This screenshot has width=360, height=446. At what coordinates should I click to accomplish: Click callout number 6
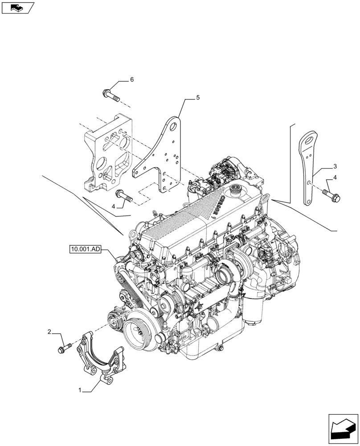[132, 80]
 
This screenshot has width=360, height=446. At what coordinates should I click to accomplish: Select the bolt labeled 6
[110, 95]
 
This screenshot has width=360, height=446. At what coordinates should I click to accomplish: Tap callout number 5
[198, 97]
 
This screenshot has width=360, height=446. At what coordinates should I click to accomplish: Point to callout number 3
[335, 166]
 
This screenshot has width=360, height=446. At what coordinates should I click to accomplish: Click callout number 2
[50, 332]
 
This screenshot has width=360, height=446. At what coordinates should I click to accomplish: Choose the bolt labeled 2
[65, 347]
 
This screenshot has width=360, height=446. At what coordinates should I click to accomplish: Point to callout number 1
[80, 390]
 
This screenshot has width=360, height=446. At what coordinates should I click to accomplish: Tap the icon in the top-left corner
[18, 8]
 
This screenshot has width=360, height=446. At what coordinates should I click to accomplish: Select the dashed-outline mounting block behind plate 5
[107, 154]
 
